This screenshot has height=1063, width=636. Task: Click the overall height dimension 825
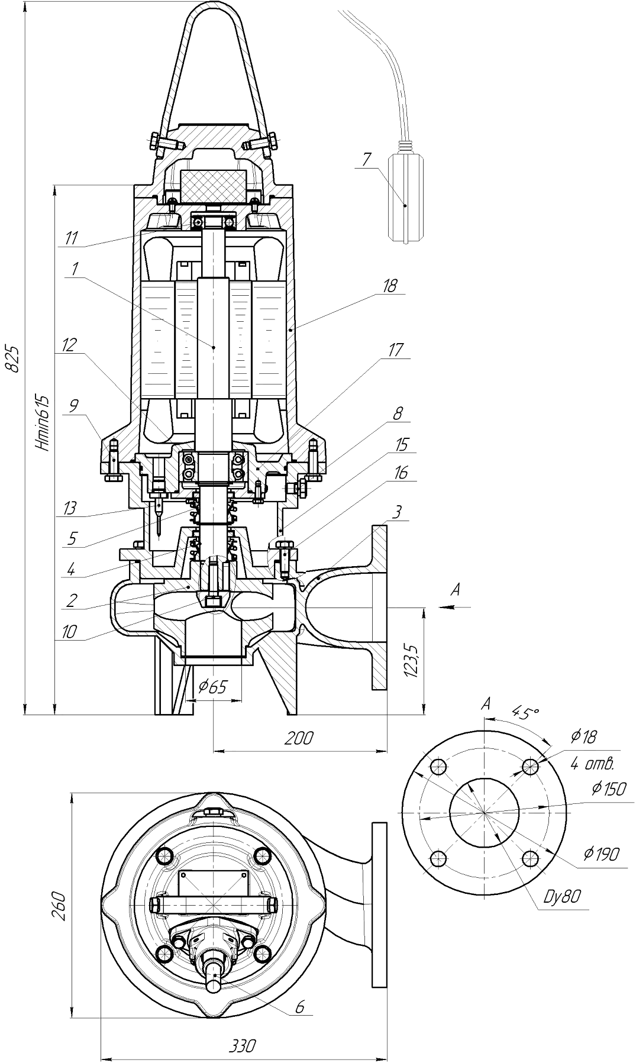(13, 357)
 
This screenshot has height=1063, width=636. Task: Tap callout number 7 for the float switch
(367, 159)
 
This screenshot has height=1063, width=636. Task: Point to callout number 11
(72, 238)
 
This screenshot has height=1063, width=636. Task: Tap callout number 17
(395, 350)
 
